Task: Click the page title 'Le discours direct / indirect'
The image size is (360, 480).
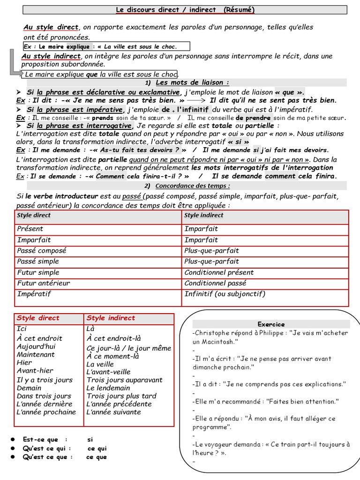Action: tap(166, 9)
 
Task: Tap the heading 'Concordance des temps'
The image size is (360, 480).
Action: tap(192, 186)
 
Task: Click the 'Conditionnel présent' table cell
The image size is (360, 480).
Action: tap(219, 272)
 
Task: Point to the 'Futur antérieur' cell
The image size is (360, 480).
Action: tap(44, 283)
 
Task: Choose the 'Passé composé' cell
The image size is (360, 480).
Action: tap(42, 251)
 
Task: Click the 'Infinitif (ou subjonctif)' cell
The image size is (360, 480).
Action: tap(225, 294)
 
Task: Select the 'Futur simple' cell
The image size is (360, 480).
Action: tap(38, 272)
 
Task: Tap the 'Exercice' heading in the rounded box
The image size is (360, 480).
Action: tap(271, 324)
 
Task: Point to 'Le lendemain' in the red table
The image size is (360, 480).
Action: tap(108, 388)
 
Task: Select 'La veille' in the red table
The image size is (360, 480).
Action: tap(100, 364)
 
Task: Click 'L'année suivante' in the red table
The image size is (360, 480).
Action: tap(113, 412)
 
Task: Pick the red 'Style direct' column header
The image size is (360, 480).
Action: tap(38, 318)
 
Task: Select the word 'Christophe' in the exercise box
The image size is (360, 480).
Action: tap(211, 333)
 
